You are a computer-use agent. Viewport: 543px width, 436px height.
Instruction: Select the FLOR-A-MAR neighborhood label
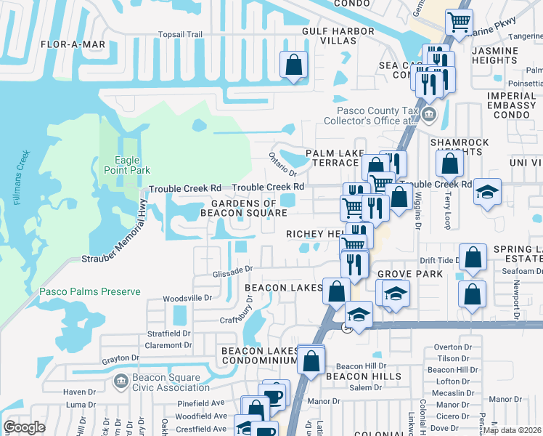click(73, 44)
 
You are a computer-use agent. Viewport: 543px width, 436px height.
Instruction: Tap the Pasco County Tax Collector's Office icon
click(428, 114)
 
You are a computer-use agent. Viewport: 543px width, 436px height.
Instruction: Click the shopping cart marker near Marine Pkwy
click(458, 23)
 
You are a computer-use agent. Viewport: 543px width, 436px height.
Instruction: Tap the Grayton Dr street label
click(120, 358)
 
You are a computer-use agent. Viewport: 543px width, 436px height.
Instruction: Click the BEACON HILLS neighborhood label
click(363, 376)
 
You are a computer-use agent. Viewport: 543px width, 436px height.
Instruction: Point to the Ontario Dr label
click(282, 164)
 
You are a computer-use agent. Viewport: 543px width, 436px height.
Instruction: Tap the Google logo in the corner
click(24, 427)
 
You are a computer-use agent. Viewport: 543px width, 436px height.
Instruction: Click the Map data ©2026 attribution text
click(513, 430)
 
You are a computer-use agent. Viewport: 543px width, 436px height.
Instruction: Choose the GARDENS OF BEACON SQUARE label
click(244, 208)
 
